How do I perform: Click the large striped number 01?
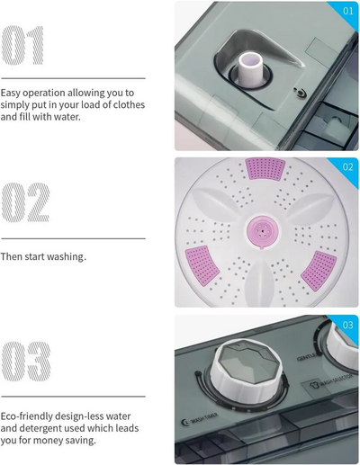[22, 45]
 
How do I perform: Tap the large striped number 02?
[26, 202]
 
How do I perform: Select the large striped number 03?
[26, 362]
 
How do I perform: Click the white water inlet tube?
[250, 69]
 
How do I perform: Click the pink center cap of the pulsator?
[263, 231]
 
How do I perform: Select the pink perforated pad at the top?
[265, 169]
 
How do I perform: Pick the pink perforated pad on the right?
[319, 271]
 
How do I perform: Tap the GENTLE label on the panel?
[306, 357]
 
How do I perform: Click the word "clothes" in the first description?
[129, 104]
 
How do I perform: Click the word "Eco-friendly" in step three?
[27, 416]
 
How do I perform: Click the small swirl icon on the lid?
[299, 93]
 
